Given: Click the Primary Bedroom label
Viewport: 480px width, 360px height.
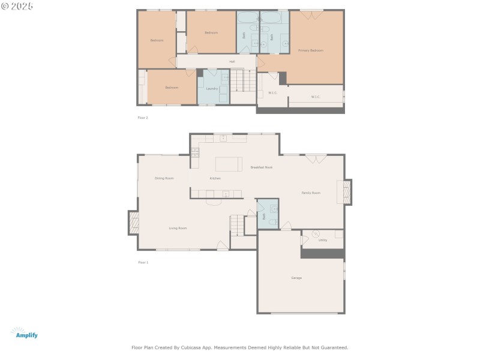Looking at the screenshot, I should pos(311,50).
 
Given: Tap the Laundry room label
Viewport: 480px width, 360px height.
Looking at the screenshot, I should pos(212,88).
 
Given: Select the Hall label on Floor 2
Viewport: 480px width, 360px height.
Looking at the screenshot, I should pos(232,61).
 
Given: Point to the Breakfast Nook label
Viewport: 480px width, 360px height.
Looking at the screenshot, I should pos(261,167).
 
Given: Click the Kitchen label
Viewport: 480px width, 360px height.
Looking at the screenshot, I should pos(215,178).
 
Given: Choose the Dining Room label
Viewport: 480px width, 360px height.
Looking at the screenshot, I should pos(164,178).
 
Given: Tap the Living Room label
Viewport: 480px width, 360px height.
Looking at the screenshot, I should pos(178,228).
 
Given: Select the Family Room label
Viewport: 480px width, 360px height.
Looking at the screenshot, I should pos(311,193).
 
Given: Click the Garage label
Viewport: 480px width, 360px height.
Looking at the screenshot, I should pos(296,278).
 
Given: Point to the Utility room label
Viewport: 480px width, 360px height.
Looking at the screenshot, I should pos(323,240).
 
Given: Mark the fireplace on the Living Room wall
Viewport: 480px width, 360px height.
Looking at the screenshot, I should pos(133,223).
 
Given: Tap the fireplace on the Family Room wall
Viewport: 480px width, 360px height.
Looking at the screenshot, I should pos(346,192).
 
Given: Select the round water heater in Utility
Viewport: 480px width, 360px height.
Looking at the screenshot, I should pos(316,233).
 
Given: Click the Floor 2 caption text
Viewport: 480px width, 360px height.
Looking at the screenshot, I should pos(143,118).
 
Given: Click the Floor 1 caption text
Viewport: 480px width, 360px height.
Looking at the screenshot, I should pos(143,262).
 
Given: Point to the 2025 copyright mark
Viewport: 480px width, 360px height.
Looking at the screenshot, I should pos(17,6).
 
